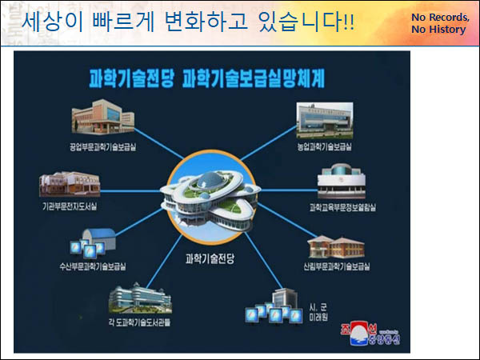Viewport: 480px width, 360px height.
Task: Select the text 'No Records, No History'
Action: pos(438,23)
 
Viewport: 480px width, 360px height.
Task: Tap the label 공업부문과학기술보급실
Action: pos(103,148)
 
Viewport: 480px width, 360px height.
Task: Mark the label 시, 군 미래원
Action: pos(320,310)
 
